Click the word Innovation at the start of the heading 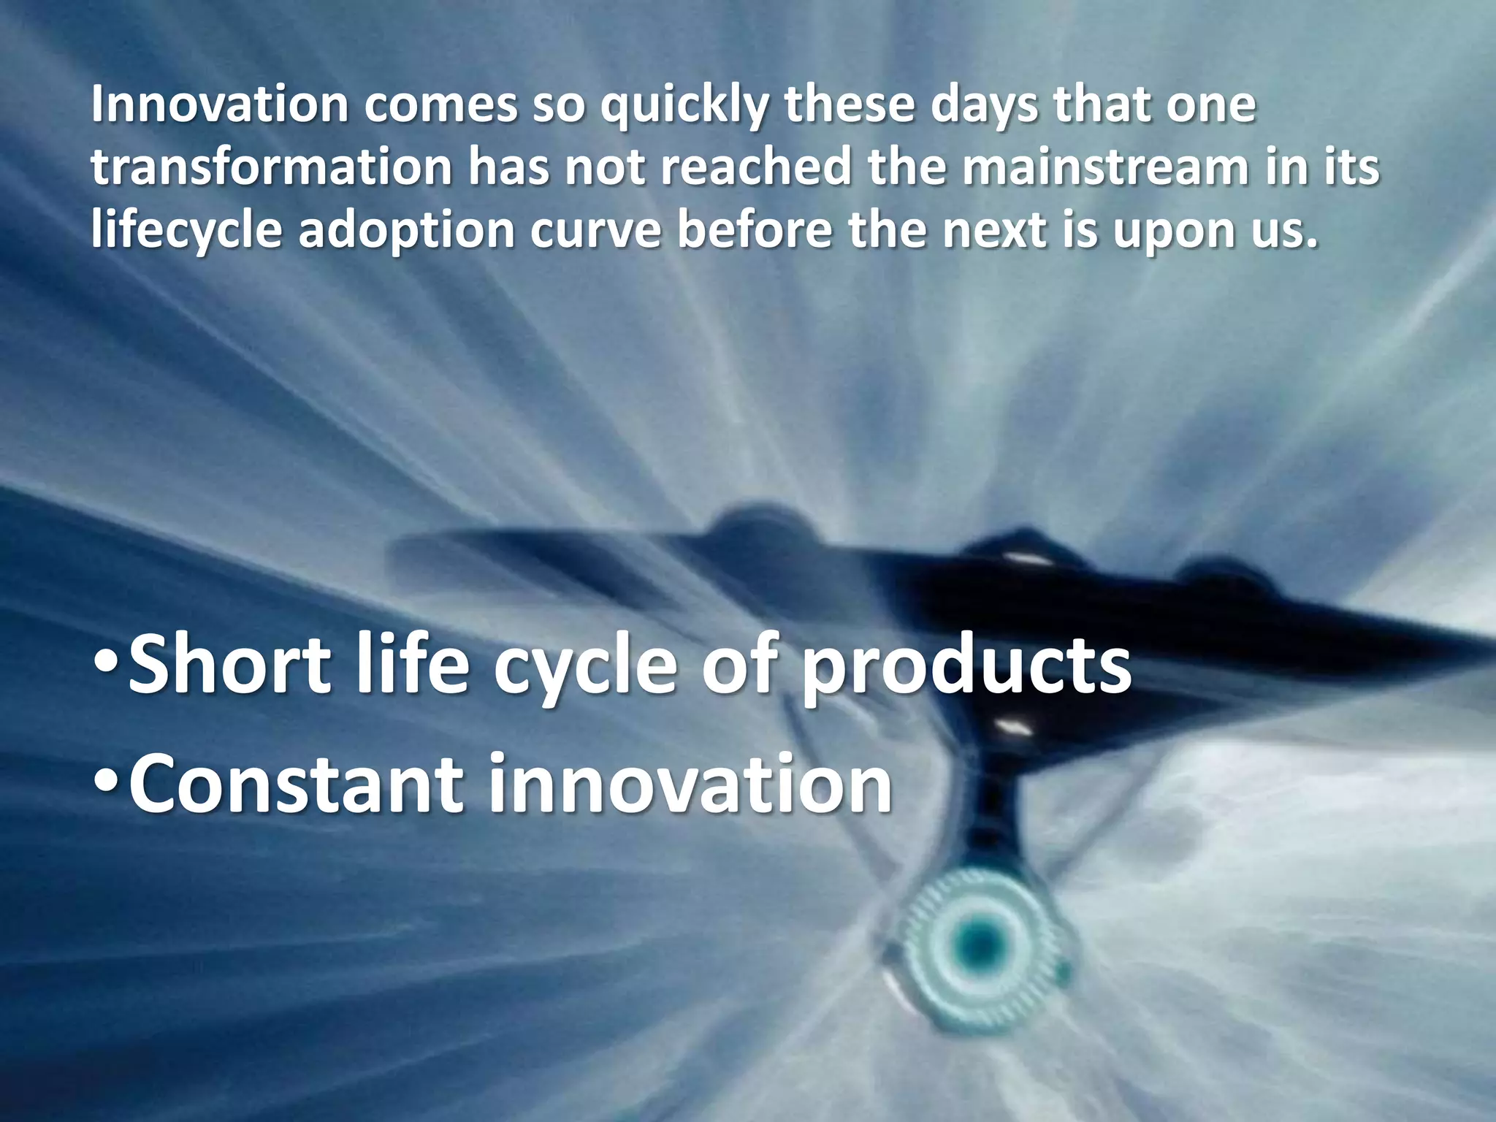click(220, 106)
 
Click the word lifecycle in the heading click(187, 231)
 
